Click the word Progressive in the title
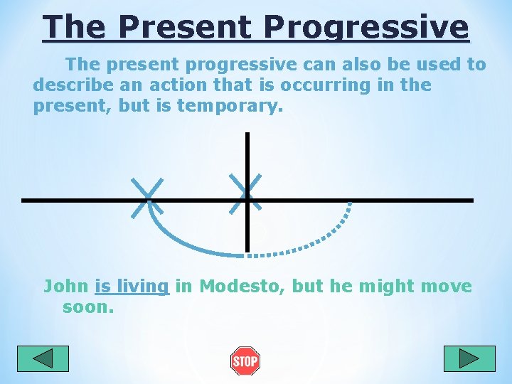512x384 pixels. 366,28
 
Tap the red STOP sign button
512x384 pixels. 245,361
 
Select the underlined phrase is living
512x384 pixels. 132,287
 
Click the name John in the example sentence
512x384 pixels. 65,287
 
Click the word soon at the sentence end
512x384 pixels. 88,308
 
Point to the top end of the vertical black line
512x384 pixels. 247,135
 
